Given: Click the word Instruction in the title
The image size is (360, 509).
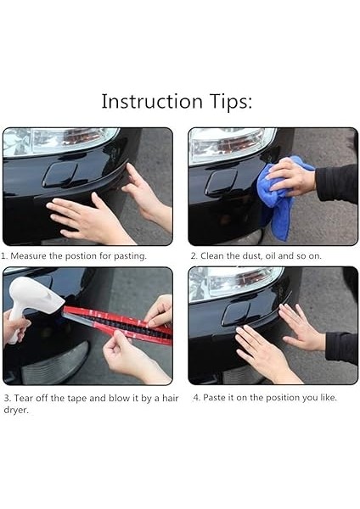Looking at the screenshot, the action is [x=152, y=101].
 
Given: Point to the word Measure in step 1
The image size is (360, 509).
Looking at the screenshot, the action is [x=29, y=256].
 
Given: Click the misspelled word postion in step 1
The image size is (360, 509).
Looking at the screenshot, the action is [x=81, y=256].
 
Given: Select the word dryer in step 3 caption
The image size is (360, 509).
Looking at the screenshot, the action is [x=16, y=410].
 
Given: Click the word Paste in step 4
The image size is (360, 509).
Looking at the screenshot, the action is [x=213, y=397].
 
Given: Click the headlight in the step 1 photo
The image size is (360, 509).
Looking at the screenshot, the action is [x=60, y=140].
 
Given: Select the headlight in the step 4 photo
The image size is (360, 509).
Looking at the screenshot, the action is [x=234, y=283].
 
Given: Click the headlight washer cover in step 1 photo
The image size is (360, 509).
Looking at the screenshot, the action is [x=60, y=174].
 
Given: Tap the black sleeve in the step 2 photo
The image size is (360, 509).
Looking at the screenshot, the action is [x=336, y=184].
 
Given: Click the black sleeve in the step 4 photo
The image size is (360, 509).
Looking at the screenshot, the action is [x=341, y=347].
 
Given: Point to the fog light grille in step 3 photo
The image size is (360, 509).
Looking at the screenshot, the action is [x=55, y=363].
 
